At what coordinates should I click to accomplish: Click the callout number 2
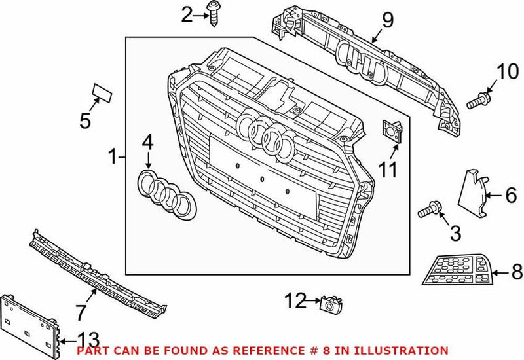coord(187,14)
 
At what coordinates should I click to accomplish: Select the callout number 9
coord(387,20)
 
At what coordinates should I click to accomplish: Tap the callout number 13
coord(88,339)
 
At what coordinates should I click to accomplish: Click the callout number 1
coord(113,156)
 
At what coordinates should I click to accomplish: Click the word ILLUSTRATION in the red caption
coord(407,351)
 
